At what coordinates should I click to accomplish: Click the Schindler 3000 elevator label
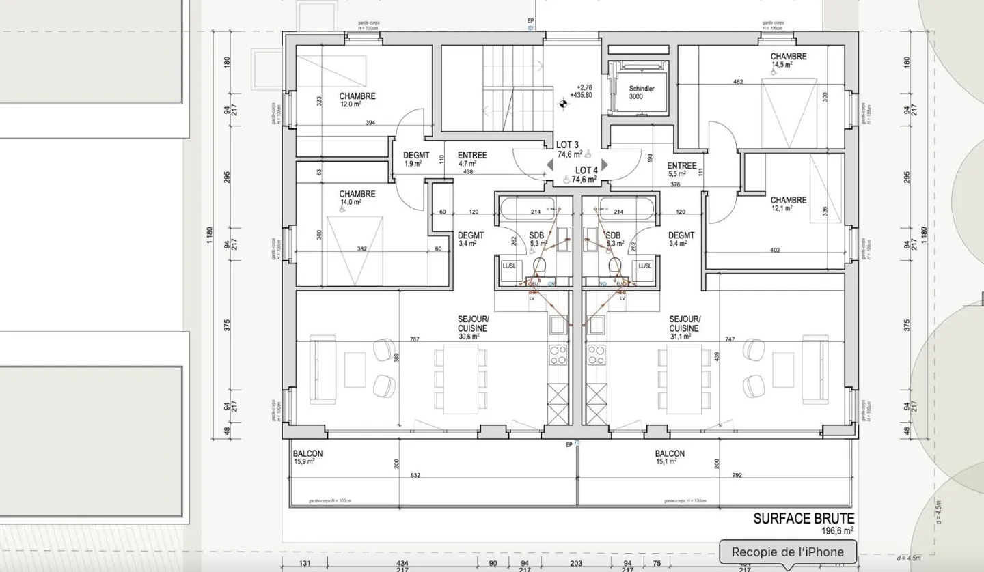(x=641, y=92)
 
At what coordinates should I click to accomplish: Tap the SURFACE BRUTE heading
(x=804, y=519)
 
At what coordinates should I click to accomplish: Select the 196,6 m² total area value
(x=836, y=530)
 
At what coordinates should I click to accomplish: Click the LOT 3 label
(x=567, y=145)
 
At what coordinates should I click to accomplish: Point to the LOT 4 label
(x=586, y=170)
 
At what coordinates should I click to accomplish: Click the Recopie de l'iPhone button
(x=787, y=552)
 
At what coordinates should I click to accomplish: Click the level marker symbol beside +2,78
(x=564, y=104)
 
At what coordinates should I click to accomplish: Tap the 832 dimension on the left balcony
(x=415, y=476)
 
